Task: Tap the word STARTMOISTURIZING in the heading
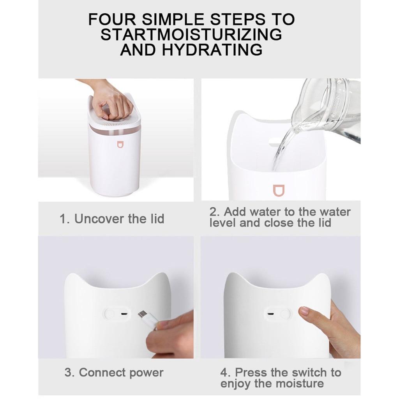191,35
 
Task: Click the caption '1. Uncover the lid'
112,219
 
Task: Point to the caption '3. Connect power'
114,373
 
